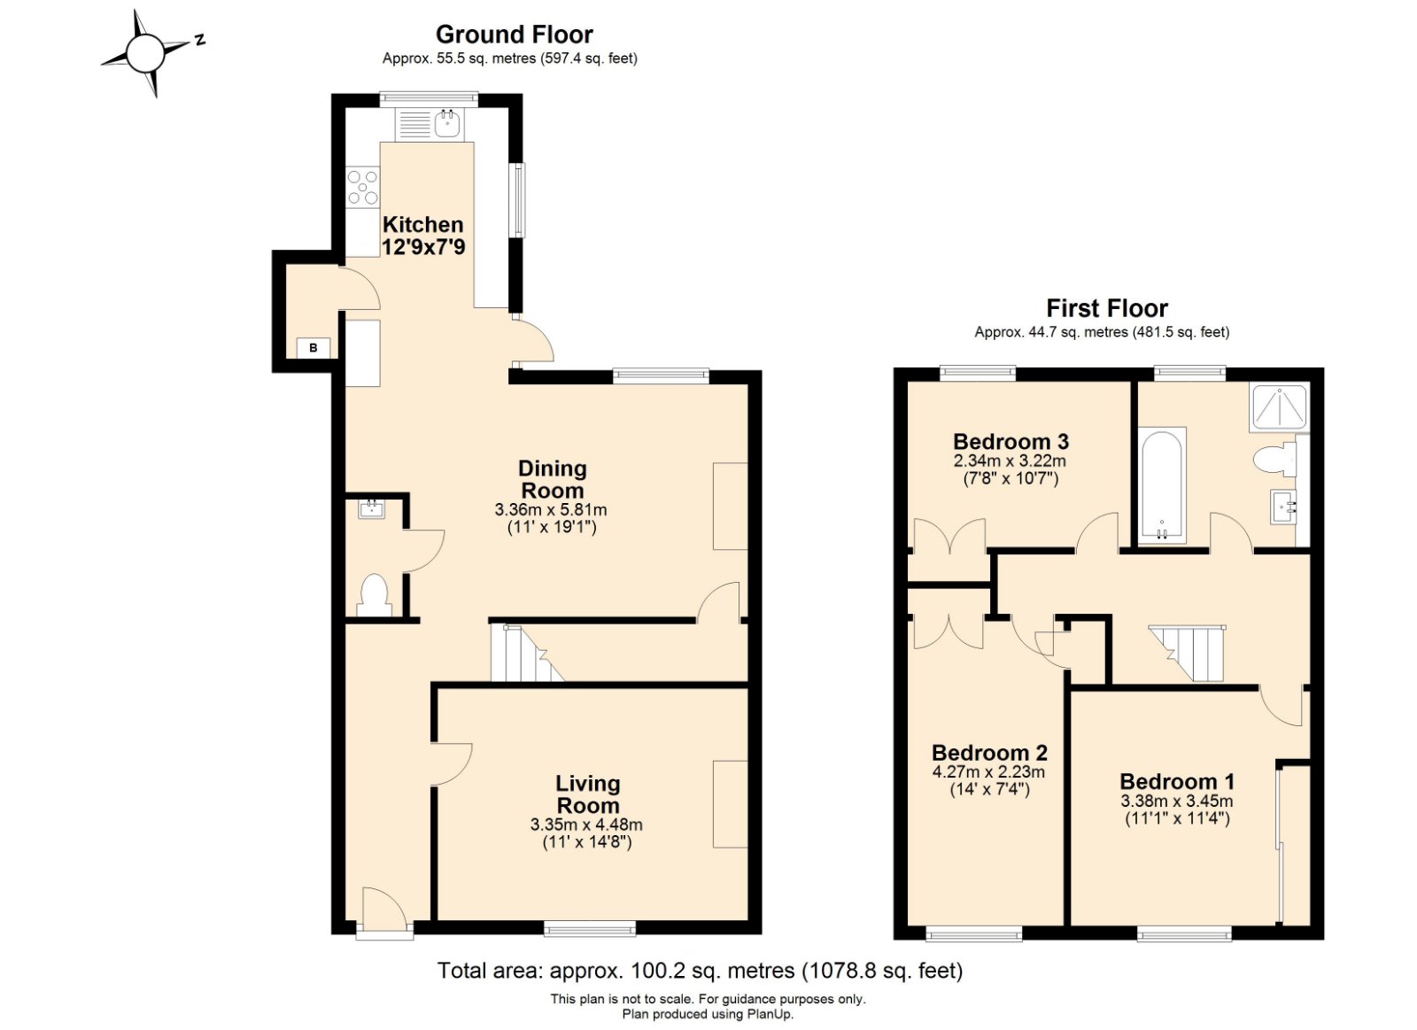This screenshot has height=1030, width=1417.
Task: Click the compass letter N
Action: click(x=200, y=39)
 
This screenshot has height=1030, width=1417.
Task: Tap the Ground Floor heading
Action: click(x=514, y=35)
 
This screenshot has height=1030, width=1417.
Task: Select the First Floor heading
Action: click(x=1106, y=308)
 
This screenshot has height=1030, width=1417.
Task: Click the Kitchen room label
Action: click(x=422, y=225)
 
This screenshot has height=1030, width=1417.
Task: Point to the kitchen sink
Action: click(x=448, y=124)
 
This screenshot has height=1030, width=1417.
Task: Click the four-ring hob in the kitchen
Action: click(x=362, y=187)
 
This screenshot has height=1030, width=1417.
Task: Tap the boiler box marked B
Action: click(x=313, y=348)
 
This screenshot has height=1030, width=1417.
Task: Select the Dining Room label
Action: click(x=552, y=479)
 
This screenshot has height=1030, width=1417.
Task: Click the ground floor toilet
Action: click(x=374, y=595)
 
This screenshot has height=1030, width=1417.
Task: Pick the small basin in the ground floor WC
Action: click(x=371, y=509)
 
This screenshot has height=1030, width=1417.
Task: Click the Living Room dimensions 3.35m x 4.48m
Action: click(x=586, y=825)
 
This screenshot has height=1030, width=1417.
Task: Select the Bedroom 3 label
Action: click(x=1010, y=441)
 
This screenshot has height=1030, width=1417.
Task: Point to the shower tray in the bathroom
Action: click(x=1278, y=407)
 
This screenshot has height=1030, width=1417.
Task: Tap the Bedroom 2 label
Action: click(x=989, y=753)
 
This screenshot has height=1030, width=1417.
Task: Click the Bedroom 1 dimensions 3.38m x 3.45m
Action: click(x=1176, y=802)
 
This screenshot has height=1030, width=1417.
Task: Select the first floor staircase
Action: click(x=1191, y=653)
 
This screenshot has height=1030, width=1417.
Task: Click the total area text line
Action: click(x=700, y=971)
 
